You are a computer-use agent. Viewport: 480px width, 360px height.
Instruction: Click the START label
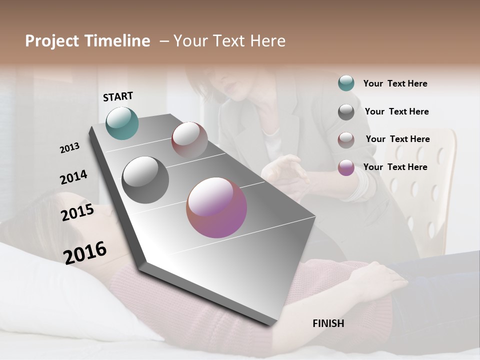[118, 96]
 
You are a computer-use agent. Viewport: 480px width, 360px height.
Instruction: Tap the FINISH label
[328, 323]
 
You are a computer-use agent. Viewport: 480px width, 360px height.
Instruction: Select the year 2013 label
[69, 147]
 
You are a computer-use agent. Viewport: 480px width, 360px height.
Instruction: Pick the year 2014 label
[73, 177]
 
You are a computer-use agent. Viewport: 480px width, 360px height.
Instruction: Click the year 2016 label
[85, 252]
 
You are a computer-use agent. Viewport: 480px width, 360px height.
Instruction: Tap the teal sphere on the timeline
[122, 123]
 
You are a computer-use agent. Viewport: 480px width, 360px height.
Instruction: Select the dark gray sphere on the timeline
[145, 180]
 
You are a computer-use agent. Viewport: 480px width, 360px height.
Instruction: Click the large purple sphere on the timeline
[216, 207]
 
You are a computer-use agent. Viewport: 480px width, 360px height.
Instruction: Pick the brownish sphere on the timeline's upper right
[189, 140]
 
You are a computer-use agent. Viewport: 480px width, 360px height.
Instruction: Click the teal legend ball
[346, 83]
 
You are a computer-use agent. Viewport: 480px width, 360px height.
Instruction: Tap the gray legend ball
[346, 111]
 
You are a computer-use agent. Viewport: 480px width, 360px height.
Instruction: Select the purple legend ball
[346, 167]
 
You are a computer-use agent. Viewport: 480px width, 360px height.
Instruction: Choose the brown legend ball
[346, 139]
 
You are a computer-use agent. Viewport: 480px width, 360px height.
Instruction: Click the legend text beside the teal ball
[395, 83]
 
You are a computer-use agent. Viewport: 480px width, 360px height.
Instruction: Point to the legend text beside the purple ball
[395, 167]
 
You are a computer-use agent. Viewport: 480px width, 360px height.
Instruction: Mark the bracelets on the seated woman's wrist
[362, 185]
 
